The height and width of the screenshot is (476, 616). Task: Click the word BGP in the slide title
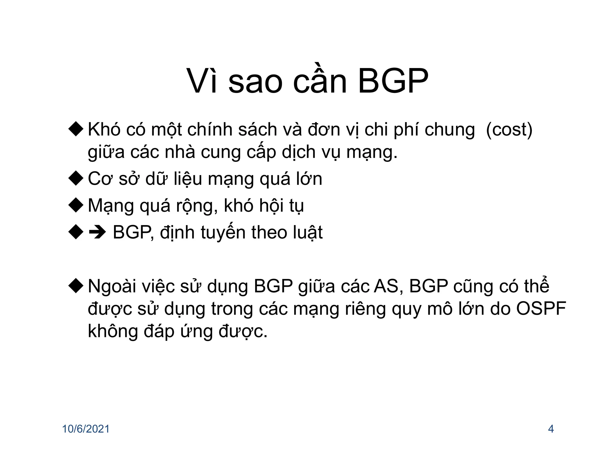(x=393, y=81)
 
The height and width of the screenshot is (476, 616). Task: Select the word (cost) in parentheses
(x=509, y=130)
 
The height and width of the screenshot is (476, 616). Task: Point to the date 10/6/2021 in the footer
(x=86, y=429)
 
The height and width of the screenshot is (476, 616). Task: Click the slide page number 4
(x=551, y=429)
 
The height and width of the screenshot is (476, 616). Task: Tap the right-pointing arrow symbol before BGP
(x=97, y=233)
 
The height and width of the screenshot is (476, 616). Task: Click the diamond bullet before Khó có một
(x=76, y=129)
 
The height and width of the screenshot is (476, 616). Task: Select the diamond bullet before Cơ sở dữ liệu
(x=76, y=178)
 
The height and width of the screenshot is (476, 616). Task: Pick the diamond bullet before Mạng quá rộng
(x=76, y=206)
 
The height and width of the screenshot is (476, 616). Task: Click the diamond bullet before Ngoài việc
(x=76, y=286)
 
